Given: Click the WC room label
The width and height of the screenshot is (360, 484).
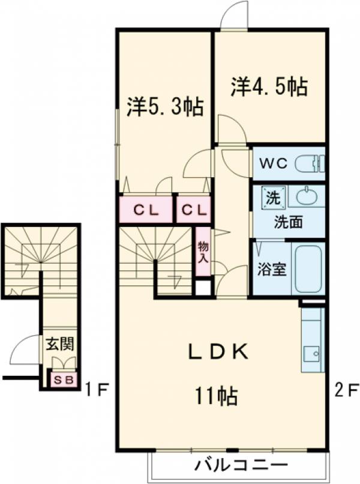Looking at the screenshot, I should coord(275,163).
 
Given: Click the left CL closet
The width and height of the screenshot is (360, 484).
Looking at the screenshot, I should coord(145,210).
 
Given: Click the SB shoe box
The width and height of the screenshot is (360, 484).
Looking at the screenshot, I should coord(63,380).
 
